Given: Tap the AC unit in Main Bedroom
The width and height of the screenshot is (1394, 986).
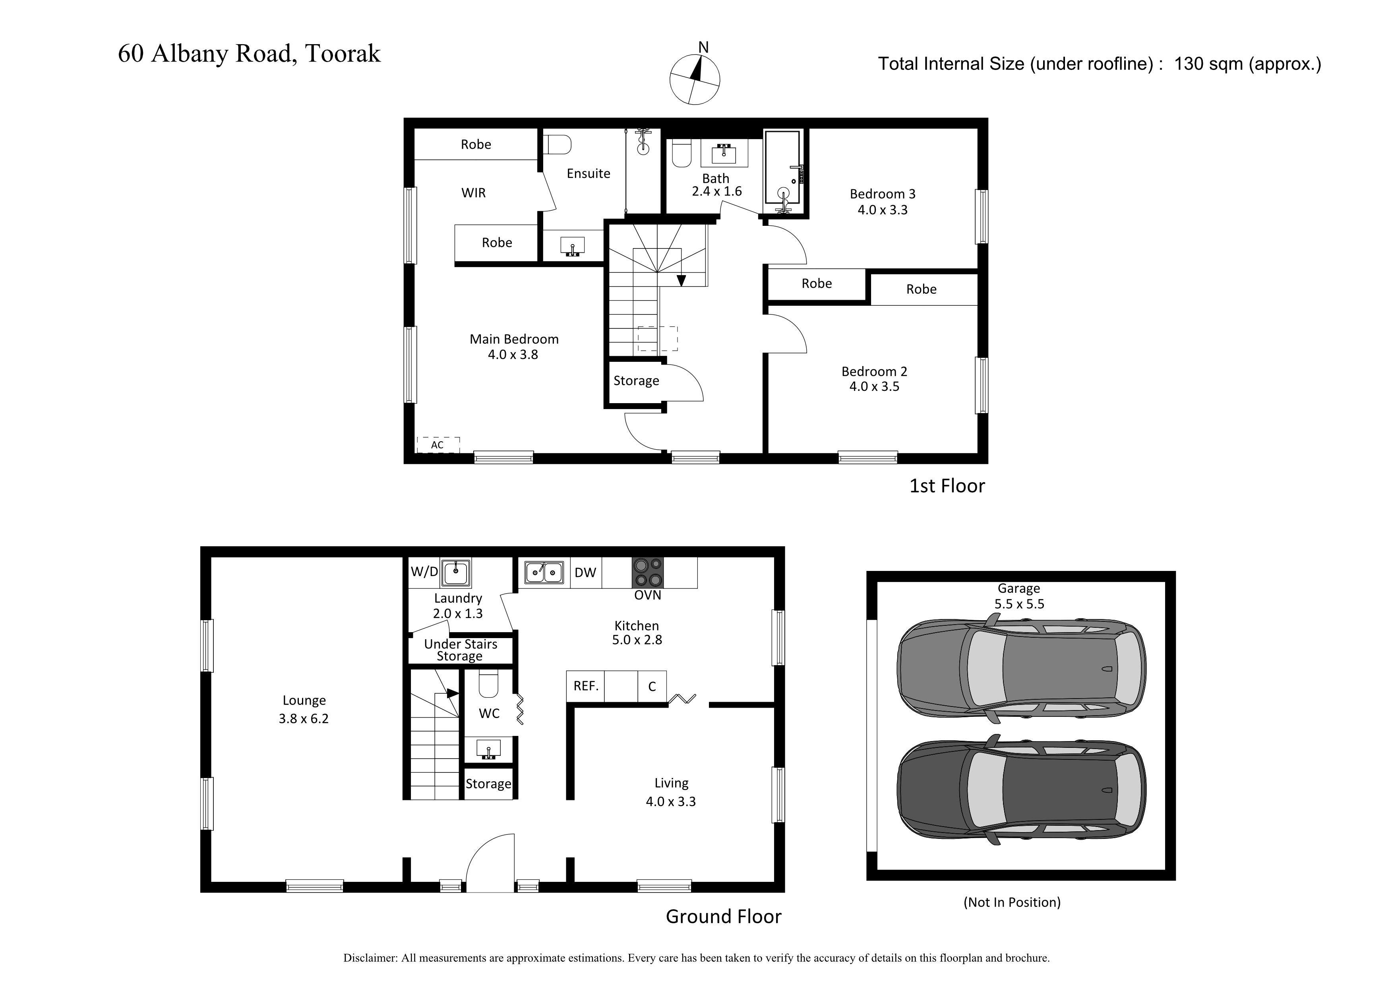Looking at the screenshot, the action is coord(438,445).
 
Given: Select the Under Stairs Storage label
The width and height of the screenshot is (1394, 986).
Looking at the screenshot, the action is coord(460,650).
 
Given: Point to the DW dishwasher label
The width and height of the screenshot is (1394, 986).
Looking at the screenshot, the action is coord(585,572).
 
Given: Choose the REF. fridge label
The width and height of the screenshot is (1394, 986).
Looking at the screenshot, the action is coord(586,686).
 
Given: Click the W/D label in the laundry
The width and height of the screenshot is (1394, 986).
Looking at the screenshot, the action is coord(424,572).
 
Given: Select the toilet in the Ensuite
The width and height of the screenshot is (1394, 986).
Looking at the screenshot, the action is coord(558,145).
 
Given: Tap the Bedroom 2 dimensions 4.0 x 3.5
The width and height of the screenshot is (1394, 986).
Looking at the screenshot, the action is coord(874,387).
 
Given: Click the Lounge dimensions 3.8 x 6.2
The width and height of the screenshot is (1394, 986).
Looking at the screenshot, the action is coord(304,719).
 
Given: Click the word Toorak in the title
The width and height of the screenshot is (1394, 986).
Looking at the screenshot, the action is coord(343,53).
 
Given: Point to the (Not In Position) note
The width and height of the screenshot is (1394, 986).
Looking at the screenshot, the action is coord(1012,902).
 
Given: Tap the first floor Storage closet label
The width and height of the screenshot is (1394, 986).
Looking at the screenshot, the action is coord(636,381).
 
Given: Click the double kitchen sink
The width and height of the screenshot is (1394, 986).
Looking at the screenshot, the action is coord(544,572).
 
